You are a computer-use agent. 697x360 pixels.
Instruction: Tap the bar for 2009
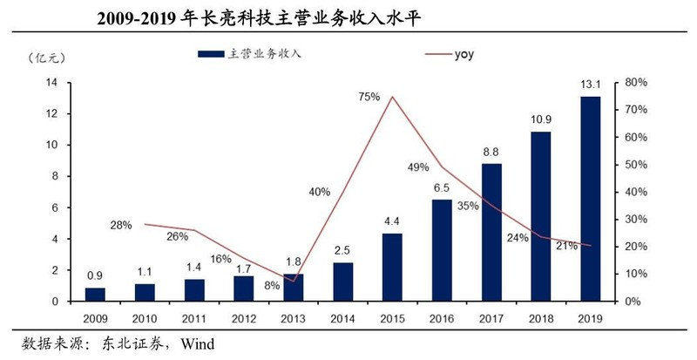96,294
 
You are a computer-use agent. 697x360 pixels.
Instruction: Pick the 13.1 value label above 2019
591,85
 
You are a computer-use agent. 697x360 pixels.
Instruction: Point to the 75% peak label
369,97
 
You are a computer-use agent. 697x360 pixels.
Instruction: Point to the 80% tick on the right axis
637,83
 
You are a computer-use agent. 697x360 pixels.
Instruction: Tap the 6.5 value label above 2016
442,187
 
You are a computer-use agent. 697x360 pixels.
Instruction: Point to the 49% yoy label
418,167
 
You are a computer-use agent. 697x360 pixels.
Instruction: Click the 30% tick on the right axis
637,219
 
